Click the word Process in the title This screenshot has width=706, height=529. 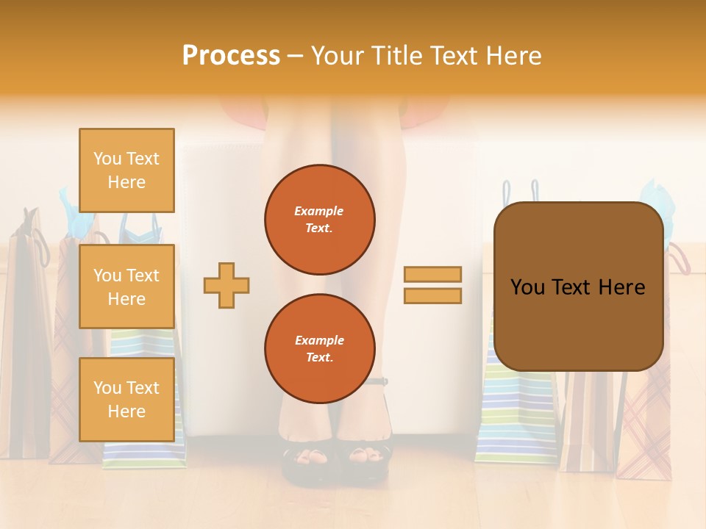click(x=231, y=56)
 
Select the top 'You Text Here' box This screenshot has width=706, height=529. click(x=126, y=170)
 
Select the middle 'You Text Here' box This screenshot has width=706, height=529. click(x=126, y=287)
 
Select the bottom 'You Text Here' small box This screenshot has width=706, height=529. click(x=126, y=399)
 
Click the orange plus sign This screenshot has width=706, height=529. click(x=226, y=285)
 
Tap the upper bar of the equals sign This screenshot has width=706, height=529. click(x=432, y=274)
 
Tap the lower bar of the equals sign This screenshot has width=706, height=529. click(x=432, y=296)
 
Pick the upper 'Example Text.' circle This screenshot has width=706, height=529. click(x=319, y=220)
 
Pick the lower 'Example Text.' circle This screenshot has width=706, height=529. click(x=319, y=348)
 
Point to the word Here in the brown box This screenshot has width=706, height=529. click(x=621, y=287)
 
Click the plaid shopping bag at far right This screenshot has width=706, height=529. click(x=647, y=426)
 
